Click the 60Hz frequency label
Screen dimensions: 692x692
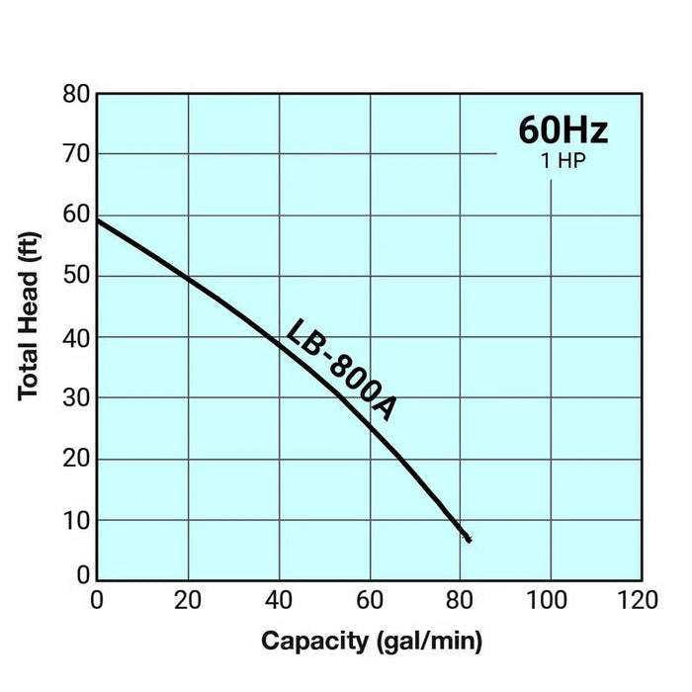563,130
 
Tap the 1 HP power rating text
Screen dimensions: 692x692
563,160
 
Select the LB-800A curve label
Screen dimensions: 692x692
340,370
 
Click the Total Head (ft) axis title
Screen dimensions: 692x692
29,316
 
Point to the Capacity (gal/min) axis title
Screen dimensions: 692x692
372,642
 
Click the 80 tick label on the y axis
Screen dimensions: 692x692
76,94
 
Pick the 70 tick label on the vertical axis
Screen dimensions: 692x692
76,154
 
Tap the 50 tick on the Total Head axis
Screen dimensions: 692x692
76,276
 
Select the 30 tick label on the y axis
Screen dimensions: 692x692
76,398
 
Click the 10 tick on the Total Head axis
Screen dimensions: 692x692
76,521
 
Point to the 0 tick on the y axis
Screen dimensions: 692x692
83,575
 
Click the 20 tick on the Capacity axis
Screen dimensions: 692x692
188,601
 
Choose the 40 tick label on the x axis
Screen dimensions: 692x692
279,601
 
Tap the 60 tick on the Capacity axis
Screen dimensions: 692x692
370,601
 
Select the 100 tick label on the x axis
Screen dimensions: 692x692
547,601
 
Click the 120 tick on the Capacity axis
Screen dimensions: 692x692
638,601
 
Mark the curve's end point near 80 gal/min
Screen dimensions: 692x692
469,540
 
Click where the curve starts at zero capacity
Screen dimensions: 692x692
98,220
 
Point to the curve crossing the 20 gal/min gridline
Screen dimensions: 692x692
189,279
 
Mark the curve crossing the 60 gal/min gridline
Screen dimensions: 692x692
371,427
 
